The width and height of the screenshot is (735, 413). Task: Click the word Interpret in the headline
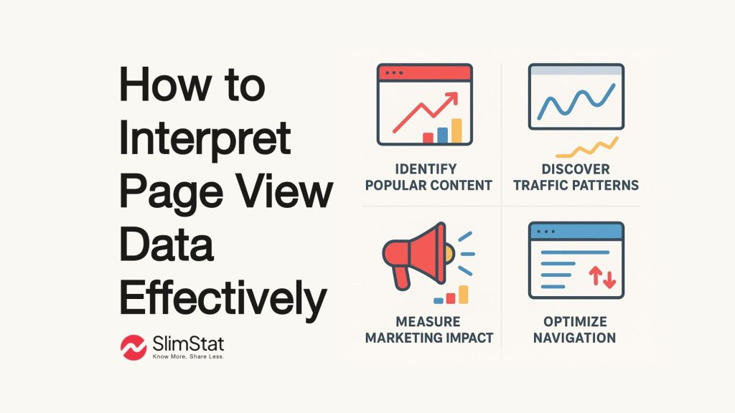click(205, 140)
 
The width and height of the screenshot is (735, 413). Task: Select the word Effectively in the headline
click(223, 299)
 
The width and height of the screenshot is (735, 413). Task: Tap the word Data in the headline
click(167, 245)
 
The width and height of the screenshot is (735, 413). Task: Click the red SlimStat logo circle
click(134, 348)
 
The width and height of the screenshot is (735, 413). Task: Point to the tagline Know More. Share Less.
click(189, 357)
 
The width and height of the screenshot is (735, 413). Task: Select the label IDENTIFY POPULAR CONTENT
click(429, 177)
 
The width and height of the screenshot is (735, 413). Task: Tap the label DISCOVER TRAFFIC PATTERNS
click(576, 177)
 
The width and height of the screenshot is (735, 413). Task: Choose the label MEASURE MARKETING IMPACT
click(429, 330)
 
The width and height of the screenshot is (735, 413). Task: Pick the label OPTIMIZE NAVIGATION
click(575, 330)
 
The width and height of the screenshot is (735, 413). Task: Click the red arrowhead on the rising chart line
click(451, 98)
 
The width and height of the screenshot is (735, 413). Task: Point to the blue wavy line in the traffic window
click(576, 101)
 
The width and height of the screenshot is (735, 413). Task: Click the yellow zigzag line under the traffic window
click(587, 148)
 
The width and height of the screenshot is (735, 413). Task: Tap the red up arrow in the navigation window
click(596, 275)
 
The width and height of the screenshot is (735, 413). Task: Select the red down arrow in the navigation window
click(609, 279)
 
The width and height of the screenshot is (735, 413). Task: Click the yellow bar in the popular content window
click(457, 130)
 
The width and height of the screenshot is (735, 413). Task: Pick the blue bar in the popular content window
click(442, 136)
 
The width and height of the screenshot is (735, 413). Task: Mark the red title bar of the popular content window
click(425, 73)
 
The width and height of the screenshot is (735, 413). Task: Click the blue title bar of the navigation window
click(576, 232)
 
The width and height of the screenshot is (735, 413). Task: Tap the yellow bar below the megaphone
click(463, 295)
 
